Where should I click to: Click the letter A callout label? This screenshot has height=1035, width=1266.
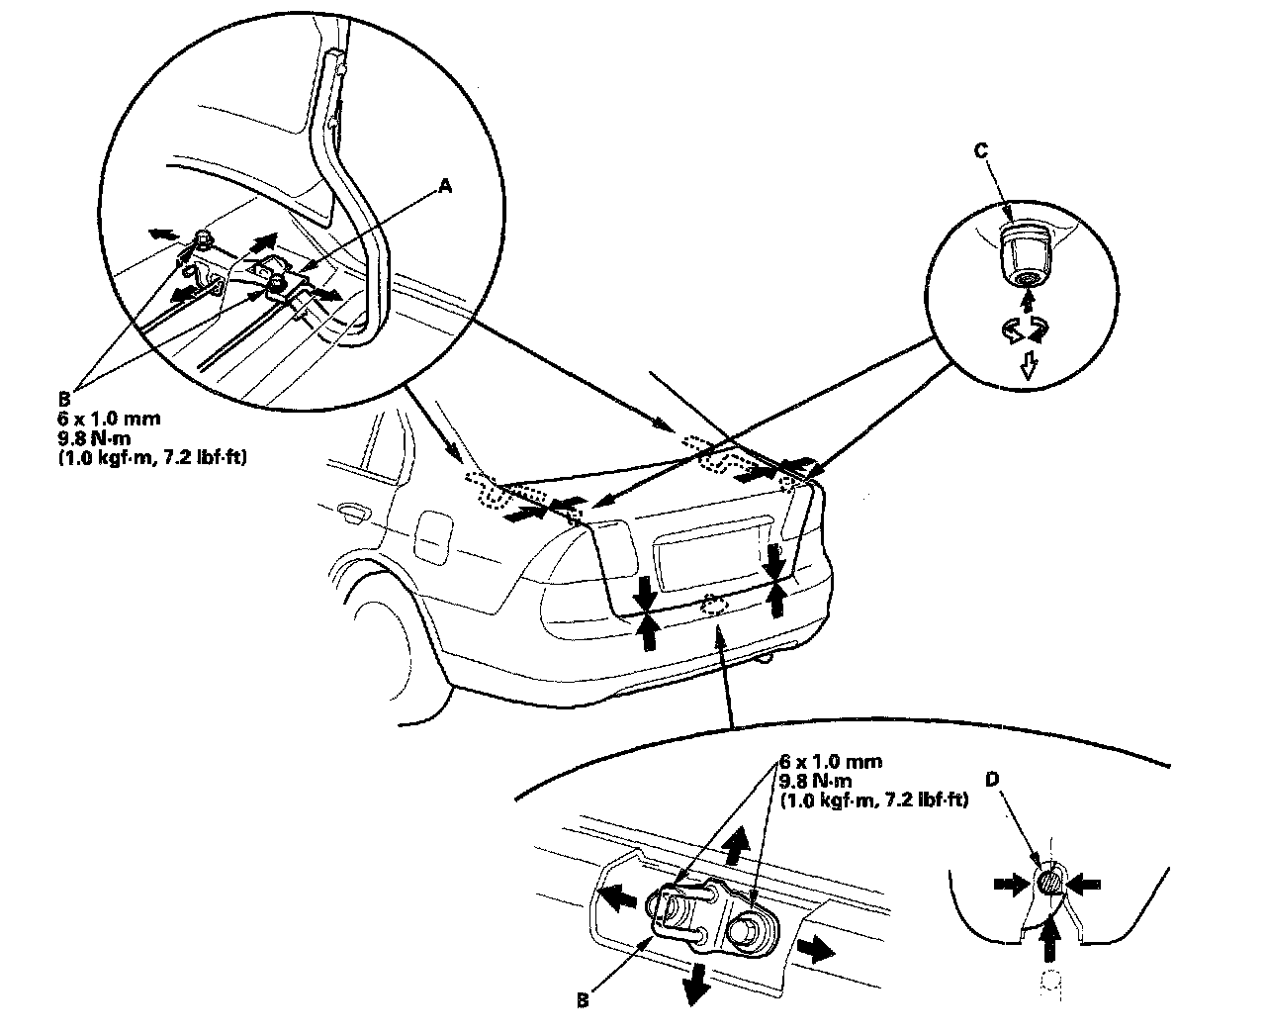[446, 185]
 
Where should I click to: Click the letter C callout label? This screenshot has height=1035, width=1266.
[980, 150]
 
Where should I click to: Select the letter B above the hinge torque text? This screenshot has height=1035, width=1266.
[64, 400]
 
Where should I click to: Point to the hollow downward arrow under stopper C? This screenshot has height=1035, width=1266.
[1029, 366]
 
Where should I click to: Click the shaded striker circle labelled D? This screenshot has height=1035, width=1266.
[1050, 880]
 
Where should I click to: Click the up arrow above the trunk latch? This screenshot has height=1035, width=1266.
[733, 847]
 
